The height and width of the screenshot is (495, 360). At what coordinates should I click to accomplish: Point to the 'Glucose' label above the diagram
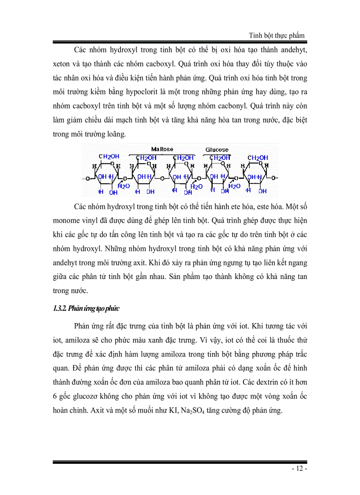tap(217, 150)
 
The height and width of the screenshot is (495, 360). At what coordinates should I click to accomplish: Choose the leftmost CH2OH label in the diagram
tap(107, 156)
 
